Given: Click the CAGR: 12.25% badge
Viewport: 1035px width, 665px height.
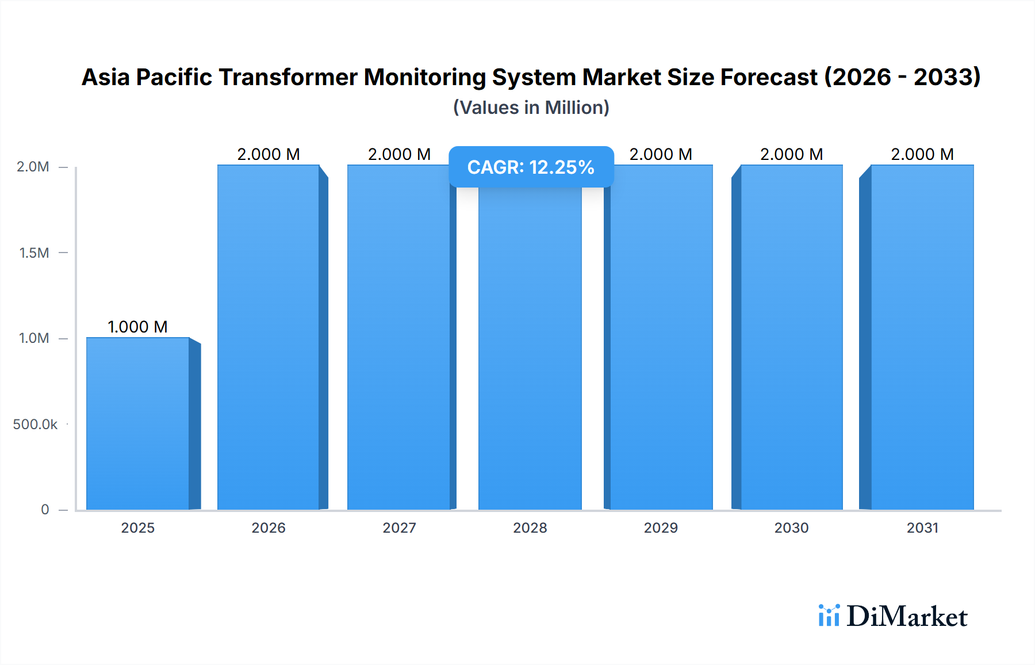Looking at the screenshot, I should coord(531,167).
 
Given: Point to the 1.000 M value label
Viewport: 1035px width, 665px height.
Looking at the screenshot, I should coord(137,327).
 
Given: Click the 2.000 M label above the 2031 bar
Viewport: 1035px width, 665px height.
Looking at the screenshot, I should coord(922,154).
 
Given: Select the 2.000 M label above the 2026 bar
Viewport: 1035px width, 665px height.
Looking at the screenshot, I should coord(269,154).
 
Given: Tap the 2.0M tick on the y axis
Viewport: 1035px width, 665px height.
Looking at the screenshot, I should coord(33,167).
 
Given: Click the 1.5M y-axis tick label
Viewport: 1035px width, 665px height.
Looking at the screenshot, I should coord(34,253).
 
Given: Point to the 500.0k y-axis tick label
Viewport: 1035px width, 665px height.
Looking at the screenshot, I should coord(35,424).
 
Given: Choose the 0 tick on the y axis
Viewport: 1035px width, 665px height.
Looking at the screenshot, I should coord(45,509).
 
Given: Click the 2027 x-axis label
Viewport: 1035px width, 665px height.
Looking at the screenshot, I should coord(399,528).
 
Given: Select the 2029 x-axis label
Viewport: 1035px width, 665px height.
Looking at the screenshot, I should coord(661,528).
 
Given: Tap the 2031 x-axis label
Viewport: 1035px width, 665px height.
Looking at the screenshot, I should coord(922,528).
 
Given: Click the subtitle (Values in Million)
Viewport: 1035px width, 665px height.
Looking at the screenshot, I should coord(531,108).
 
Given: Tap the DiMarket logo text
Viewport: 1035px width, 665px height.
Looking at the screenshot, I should coord(907,616).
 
